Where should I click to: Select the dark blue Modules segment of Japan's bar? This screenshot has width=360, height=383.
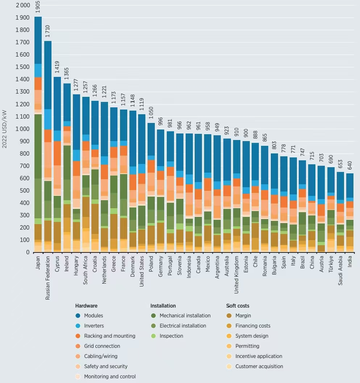(38, 40)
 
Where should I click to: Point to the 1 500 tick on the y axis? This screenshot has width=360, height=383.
(22, 67)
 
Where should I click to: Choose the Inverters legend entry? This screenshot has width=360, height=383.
(94, 326)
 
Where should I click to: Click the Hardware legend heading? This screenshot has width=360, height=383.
(86, 306)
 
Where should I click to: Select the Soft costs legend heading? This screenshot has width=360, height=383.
(237, 306)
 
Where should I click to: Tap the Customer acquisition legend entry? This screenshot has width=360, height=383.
(259, 366)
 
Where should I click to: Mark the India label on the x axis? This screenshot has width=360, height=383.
(350, 262)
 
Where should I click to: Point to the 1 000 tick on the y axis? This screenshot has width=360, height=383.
(22, 129)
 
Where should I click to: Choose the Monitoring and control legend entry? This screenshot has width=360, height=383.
(109, 376)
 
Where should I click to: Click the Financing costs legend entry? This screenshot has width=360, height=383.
(253, 326)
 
